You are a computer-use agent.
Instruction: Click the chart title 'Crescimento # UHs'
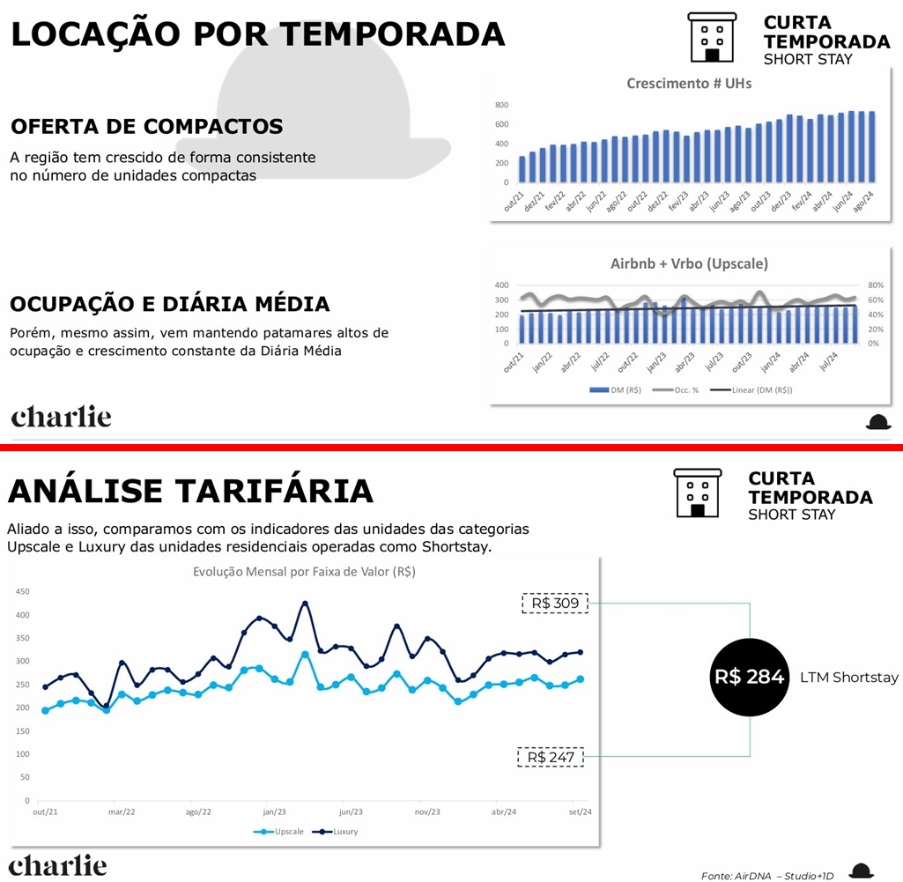point(689,84)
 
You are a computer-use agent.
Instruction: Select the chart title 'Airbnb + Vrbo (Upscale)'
point(689,263)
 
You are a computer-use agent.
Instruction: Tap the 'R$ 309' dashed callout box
point(554,604)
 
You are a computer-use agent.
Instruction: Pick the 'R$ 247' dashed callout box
point(551,757)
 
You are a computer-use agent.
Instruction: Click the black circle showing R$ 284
point(749,677)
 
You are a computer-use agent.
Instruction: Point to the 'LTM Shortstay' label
point(849,678)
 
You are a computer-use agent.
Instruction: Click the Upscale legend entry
point(282,831)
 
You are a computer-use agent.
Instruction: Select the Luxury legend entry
point(338,831)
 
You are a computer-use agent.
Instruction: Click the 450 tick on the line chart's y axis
point(23,591)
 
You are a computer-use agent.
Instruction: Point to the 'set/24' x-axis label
point(579,812)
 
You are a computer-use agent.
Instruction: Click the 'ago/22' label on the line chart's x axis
point(198,812)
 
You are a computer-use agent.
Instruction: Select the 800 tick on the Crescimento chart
point(501,105)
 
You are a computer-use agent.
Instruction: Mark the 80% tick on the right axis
point(874,285)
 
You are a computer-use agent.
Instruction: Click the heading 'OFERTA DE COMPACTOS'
point(147,126)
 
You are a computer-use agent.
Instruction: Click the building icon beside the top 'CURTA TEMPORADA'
point(712,37)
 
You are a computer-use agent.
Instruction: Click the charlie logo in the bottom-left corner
point(58,866)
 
